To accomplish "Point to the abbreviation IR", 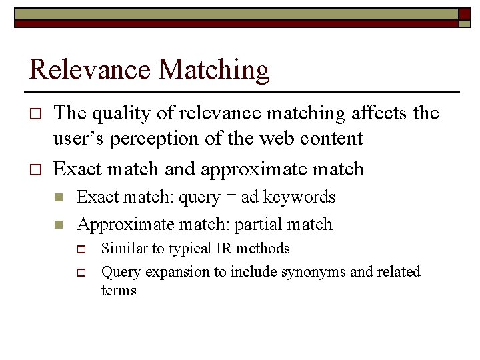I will [x=220, y=249].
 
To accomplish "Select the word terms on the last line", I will [x=119, y=291].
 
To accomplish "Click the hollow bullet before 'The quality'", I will [x=36, y=115].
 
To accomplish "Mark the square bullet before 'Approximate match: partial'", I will [x=59, y=225].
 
